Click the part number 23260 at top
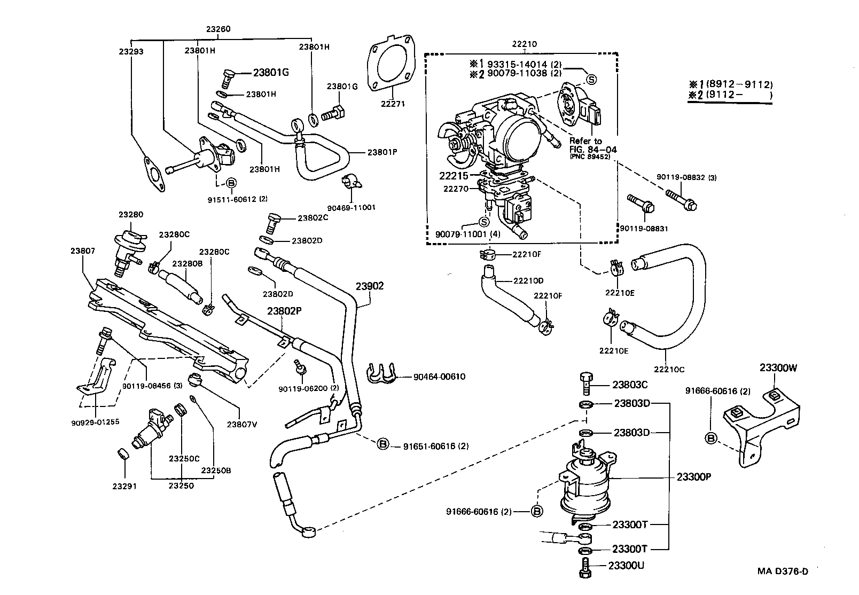click(218, 29)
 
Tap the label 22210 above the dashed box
click(524, 44)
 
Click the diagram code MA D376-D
click(783, 571)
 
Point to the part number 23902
click(370, 286)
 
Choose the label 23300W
click(778, 367)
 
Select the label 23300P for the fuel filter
click(693, 477)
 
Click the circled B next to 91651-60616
click(383, 444)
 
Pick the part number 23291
click(124, 486)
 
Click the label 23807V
click(242, 425)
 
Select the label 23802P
click(283, 311)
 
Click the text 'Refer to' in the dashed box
click(585, 141)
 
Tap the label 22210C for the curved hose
click(668, 369)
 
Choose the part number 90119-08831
click(644, 228)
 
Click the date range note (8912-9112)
click(739, 84)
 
